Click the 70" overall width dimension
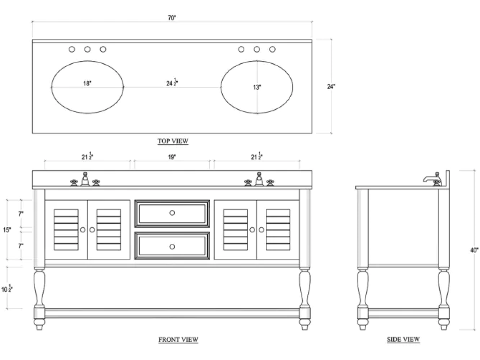(x=172, y=18)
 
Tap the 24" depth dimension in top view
(x=331, y=87)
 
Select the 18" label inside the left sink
(x=87, y=83)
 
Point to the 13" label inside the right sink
(x=257, y=87)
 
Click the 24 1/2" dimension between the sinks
(x=172, y=82)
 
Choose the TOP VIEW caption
(x=173, y=141)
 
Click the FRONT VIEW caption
(x=178, y=339)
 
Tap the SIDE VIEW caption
(x=403, y=339)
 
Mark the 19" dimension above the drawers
(x=172, y=157)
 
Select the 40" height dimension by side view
(x=474, y=250)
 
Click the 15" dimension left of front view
(x=7, y=230)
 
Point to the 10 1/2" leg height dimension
(x=7, y=288)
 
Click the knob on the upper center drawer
(x=172, y=213)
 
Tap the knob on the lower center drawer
(x=172, y=247)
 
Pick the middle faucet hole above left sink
(x=88, y=49)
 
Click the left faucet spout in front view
(x=85, y=179)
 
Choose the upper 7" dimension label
(x=21, y=214)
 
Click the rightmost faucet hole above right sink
(x=272, y=49)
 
